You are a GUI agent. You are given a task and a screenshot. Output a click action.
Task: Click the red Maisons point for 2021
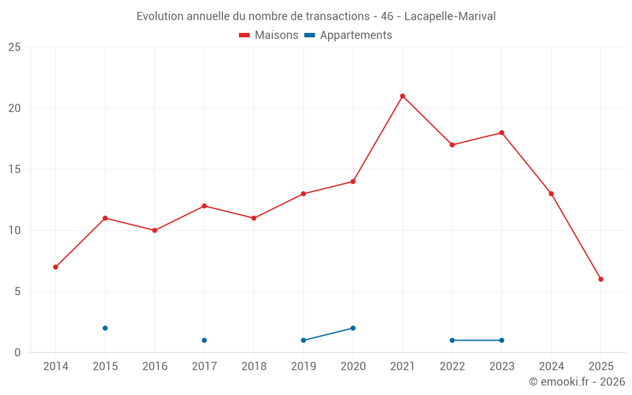(x=403, y=96)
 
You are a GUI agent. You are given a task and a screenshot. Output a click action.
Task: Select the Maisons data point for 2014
(x=56, y=267)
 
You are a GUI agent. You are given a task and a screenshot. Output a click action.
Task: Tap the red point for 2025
(x=601, y=279)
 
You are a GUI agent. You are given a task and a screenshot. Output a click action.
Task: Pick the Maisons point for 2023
(x=502, y=133)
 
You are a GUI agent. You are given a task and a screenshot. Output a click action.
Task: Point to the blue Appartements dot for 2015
(x=105, y=328)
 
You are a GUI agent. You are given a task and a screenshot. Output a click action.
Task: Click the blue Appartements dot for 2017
(x=204, y=340)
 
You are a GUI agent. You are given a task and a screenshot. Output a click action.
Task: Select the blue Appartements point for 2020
(x=353, y=328)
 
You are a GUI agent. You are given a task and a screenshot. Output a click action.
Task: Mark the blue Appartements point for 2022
(x=452, y=340)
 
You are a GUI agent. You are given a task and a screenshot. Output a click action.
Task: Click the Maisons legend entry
(x=269, y=35)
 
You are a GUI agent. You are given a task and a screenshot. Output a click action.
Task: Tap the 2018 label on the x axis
(x=254, y=366)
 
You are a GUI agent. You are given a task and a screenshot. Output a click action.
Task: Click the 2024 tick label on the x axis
(x=551, y=366)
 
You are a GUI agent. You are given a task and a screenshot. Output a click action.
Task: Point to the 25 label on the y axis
(x=14, y=47)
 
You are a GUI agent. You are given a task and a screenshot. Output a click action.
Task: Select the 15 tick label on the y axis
(x=14, y=169)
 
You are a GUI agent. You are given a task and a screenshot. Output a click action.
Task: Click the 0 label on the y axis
(x=18, y=352)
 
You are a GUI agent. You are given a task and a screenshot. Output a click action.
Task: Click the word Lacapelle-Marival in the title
(x=449, y=16)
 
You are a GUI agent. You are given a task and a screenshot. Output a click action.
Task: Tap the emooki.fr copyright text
(x=577, y=382)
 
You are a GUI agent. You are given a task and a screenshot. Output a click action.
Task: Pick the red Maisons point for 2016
(x=155, y=230)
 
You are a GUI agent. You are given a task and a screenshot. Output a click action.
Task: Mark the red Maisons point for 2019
(x=303, y=193)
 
